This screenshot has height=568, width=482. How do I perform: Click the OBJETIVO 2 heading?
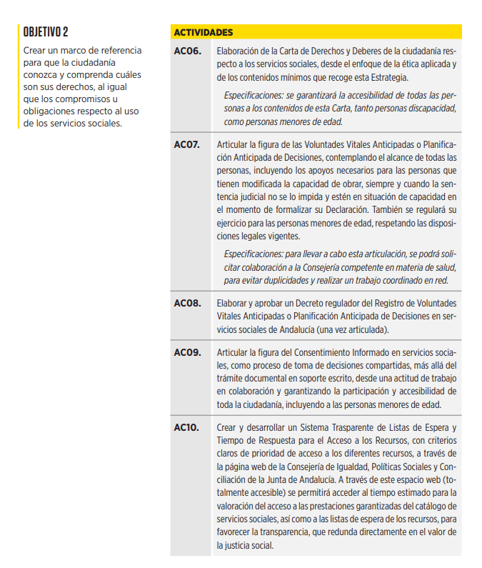coord(46,32)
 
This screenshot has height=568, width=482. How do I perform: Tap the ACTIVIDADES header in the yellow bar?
coord(204,33)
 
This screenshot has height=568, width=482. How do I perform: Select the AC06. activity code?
coord(187,51)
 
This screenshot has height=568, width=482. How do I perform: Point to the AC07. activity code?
coord(187,144)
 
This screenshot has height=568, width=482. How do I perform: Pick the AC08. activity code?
coord(187,303)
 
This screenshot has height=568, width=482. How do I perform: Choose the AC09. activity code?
coord(187,352)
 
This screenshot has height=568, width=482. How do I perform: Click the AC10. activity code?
coord(186,427)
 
